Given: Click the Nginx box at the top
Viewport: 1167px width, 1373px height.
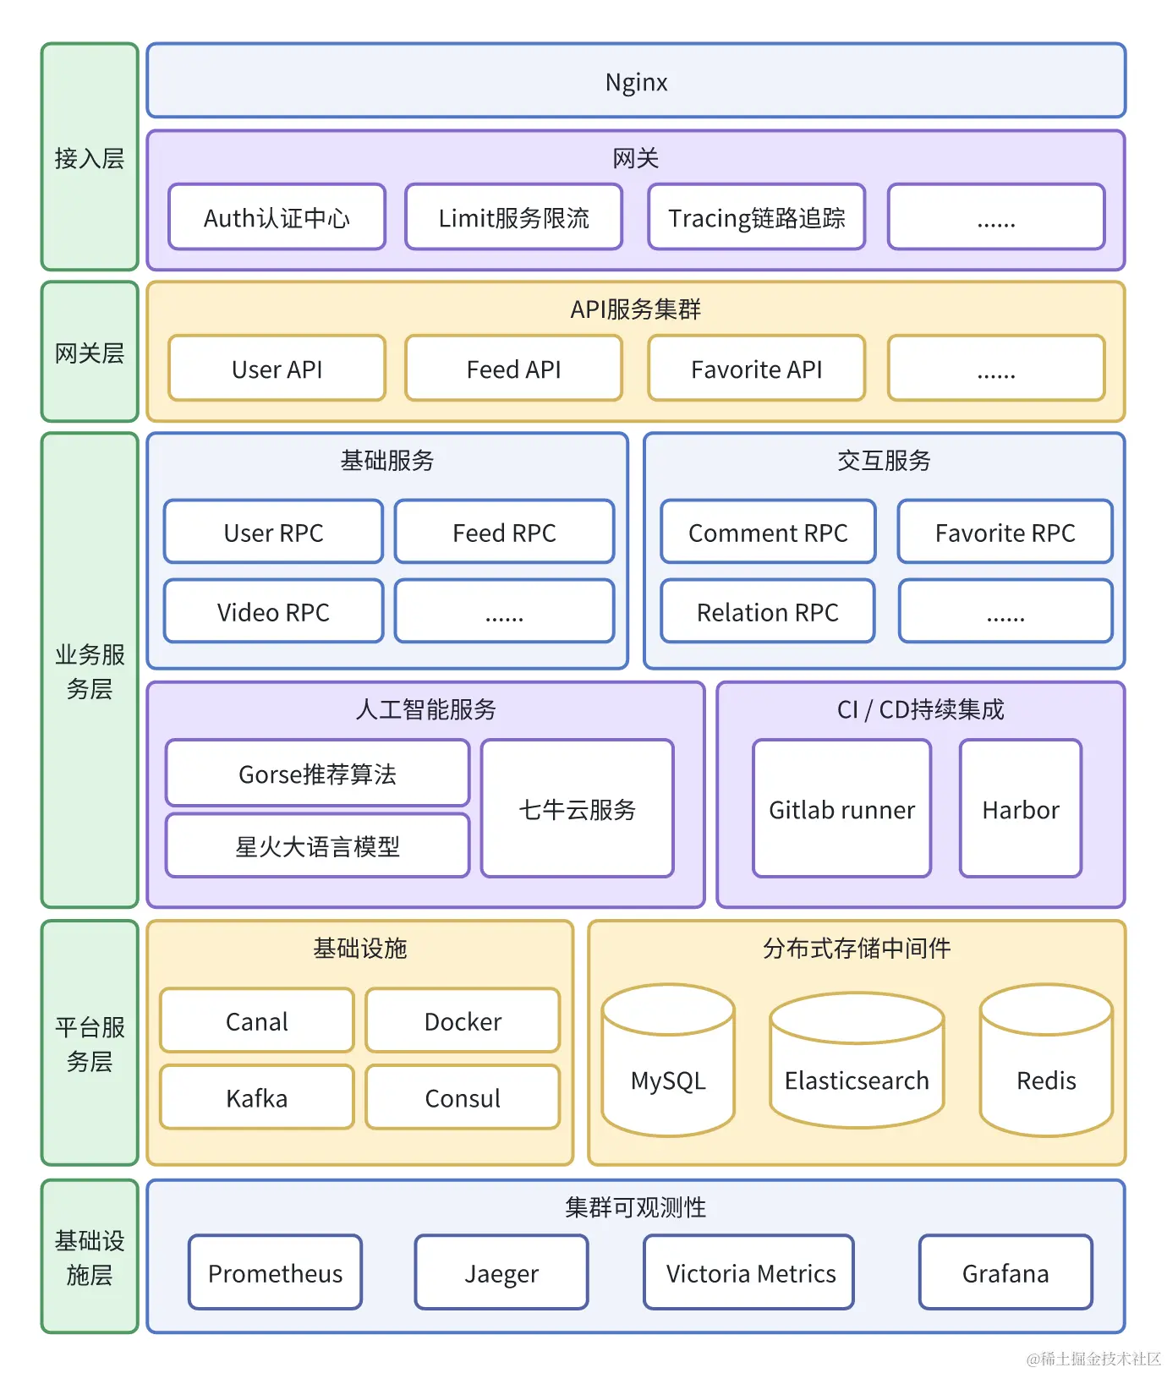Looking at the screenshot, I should (x=636, y=81).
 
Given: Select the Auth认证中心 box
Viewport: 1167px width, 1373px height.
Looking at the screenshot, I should (x=277, y=217).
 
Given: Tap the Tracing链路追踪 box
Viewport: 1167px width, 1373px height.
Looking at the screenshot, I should (x=756, y=217).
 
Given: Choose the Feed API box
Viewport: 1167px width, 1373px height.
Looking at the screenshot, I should (x=513, y=369).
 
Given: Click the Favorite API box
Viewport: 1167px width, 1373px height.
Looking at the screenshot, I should (x=756, y=369).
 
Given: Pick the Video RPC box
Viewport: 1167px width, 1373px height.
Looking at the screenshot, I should (x=273, y=611).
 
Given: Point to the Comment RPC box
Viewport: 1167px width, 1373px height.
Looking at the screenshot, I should (x=767, y=532).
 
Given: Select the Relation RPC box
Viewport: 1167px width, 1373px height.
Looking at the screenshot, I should (x=767, y=611).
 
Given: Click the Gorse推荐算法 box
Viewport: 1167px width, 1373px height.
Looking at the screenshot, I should (x=317, y=773).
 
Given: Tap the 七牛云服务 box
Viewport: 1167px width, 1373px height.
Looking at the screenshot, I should (x=577, y=809).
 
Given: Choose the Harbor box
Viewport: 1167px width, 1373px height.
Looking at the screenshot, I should (x=1020, y=809).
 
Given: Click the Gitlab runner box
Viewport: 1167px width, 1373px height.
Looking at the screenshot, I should (x=841, y=809).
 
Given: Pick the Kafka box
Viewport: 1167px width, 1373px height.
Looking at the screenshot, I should (x=256, y=1097).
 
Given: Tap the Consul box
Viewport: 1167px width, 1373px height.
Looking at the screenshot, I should (x=463, y=1097).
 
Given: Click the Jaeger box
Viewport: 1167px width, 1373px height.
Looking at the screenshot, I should (x=501, y=1272).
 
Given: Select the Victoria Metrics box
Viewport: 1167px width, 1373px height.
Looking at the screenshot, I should (x=749, y=1272).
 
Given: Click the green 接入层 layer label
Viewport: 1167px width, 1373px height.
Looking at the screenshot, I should (x=90, y=157).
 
